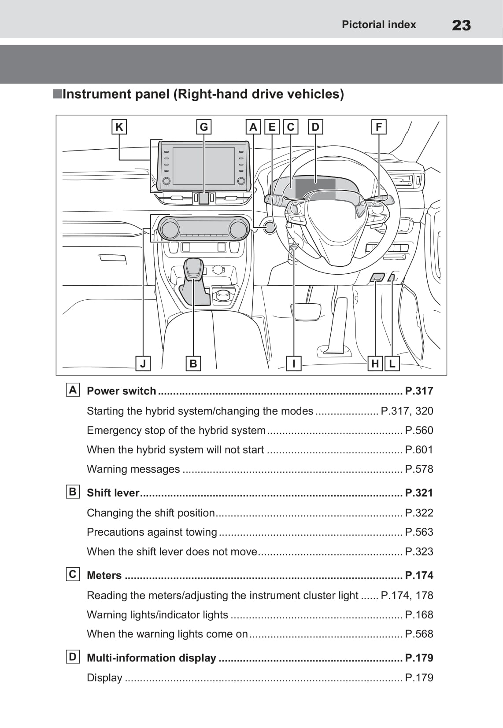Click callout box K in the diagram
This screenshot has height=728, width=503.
[119, 127]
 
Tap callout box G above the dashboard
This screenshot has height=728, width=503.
[203, 127]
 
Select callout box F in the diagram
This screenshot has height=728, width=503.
[379, 127]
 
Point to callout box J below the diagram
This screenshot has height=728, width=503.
[143, 364]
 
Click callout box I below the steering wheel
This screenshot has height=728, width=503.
[294, 364]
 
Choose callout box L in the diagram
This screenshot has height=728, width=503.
[392, 364]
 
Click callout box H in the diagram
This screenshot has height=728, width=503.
[375, 364]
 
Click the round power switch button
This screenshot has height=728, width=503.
[269, 228]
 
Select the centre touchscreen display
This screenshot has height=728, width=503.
[203, 166]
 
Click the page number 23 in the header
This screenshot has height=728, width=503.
[461, 25]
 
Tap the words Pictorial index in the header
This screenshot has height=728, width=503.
[379, 25]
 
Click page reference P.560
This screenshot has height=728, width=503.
[419, 430]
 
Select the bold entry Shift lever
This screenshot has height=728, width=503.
[113, 493]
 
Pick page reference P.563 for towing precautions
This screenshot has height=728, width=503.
[419, 532]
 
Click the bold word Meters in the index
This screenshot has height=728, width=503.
[104, 575]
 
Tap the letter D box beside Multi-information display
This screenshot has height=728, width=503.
[73, 657]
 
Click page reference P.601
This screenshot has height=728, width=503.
[419, 450]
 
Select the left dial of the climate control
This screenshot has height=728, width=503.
[170, 229]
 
